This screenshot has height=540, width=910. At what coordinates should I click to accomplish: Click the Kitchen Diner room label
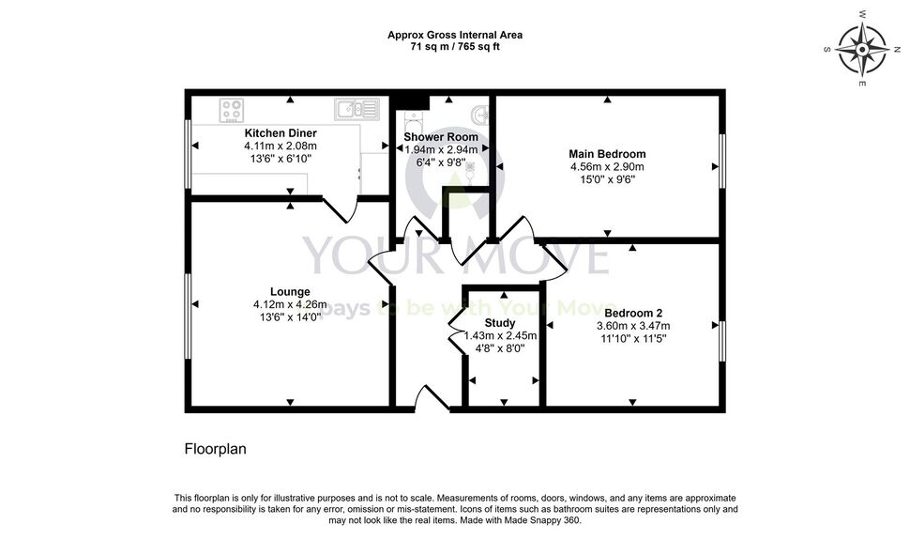(281, 133)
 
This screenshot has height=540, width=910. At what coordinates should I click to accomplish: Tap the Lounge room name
(290, 292)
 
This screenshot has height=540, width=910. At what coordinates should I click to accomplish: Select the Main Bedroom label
(607, 154)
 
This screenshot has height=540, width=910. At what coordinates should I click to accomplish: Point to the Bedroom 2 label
(633, 314)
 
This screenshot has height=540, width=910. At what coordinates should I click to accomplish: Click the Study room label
(500, 323)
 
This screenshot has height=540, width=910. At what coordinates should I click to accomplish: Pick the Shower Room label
(441, 137)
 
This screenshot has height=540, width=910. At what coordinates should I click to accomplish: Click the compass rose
(862, 50)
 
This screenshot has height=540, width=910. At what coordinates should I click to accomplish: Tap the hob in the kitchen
(231, 111)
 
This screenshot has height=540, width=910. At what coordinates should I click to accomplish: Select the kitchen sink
(356, 109)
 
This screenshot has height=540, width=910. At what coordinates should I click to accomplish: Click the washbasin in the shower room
(480, 114)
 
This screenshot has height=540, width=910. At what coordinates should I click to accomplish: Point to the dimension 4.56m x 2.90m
(607, 167)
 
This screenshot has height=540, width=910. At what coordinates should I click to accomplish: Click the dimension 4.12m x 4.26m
(290, 304)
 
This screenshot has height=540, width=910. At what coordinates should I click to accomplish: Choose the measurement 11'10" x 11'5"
(633, 338)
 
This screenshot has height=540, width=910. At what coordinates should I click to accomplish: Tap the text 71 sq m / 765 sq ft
(455, 47)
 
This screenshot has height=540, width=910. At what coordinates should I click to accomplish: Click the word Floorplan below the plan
(216, 449)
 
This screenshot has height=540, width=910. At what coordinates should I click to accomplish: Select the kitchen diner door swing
(341, 210)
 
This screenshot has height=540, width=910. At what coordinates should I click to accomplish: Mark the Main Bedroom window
(722, 162)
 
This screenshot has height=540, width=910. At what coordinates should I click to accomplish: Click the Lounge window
(188, 316)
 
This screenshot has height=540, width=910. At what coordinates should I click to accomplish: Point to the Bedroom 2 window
(722, 341)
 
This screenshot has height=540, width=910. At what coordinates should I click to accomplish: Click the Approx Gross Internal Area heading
(455, 35)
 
